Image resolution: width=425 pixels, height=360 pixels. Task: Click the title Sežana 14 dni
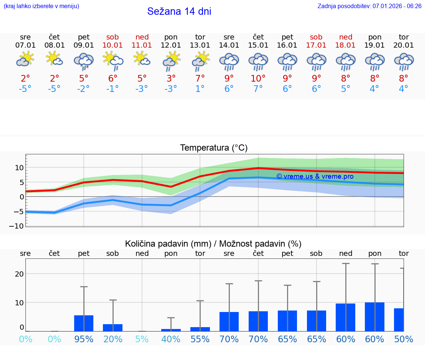179,11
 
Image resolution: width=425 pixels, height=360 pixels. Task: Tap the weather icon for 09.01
84,61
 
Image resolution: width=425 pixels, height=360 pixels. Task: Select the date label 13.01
200,45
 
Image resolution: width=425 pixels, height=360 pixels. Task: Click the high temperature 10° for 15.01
258,78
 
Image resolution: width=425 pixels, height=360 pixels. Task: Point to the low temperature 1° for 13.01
200,89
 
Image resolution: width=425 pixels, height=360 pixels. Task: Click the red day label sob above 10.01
113,37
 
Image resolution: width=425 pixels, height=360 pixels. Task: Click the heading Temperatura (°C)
214,148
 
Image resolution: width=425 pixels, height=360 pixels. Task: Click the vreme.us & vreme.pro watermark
315,176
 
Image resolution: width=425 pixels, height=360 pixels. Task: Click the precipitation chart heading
213,244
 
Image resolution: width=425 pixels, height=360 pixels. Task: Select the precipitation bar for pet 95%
84,323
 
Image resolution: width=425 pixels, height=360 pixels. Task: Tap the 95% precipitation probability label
84,339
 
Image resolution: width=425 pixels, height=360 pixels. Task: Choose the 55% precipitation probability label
200,339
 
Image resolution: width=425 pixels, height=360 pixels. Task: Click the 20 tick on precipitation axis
20,274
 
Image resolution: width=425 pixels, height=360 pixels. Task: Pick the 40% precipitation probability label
171,339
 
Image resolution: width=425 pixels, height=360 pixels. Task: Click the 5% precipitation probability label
142,339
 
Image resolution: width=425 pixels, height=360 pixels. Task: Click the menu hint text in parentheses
41,6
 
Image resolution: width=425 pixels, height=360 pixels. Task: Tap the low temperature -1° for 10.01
113,89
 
